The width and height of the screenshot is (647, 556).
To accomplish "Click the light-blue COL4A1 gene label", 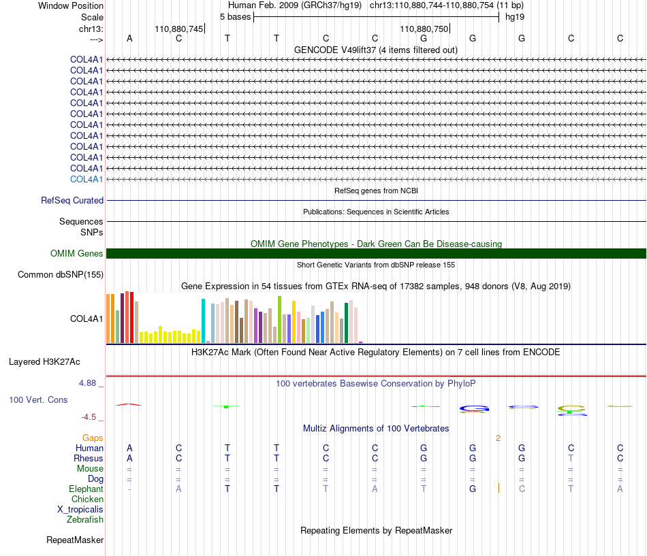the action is [86, 180].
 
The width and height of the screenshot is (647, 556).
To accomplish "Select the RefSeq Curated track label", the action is [72, 201].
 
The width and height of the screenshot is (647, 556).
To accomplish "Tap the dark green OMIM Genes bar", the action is [376, 254].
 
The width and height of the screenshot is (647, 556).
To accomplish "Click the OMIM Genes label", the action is [77, 254].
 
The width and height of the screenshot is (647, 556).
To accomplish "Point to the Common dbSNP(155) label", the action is [61, 275].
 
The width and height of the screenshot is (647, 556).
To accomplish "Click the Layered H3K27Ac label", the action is [44, 362].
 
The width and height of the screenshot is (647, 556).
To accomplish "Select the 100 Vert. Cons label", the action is [38, 399].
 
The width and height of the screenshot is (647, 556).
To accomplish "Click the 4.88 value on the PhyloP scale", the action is [87, 383].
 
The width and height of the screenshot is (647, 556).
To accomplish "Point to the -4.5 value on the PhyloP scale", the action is [89, 417].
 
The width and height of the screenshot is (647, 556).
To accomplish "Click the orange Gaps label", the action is [93, 438].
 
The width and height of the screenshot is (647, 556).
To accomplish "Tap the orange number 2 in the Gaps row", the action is [498, 438].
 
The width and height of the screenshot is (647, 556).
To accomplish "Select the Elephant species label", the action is [86, 489].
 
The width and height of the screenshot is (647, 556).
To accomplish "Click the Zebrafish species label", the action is [85, 520].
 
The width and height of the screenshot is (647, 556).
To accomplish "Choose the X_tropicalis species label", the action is [80, 510].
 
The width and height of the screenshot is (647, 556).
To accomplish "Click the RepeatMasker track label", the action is [75, 540].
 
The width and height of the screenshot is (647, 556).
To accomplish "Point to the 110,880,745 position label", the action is [179, 29].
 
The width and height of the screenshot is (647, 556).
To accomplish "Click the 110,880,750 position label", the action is [424, 29].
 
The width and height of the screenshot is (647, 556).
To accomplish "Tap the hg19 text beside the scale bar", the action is [515, 17].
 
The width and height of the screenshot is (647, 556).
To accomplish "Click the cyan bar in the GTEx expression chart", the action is [203, 321].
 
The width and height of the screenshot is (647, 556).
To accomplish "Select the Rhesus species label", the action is [89, 458].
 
